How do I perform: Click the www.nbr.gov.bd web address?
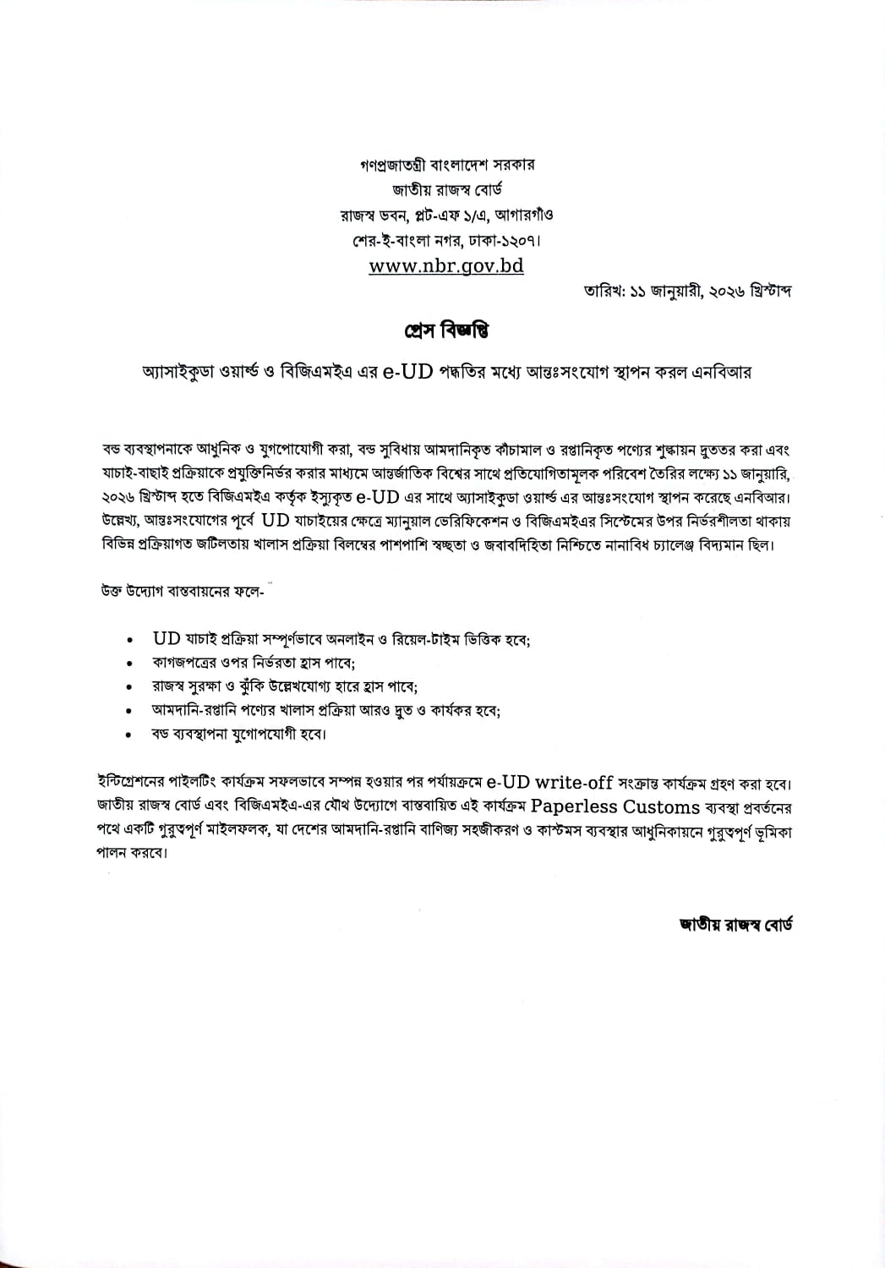[446, 265]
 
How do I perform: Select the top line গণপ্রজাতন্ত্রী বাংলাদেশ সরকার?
[446, 164]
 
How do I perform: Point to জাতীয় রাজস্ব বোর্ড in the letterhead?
[446, 189]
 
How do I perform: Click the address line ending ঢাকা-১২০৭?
[446, 240]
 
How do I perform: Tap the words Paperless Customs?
[615, 806]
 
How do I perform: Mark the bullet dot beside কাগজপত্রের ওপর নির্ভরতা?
[128, 664]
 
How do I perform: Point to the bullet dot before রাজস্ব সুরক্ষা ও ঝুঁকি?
[128, 688]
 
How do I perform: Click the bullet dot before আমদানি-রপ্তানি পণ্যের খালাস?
[128, 712]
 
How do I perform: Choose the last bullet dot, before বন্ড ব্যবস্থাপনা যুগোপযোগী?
[128, 735]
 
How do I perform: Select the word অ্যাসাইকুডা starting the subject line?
[172, 373]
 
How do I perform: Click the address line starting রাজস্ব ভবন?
[446, 215]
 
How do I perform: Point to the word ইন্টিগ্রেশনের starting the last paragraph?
[136, 781]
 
